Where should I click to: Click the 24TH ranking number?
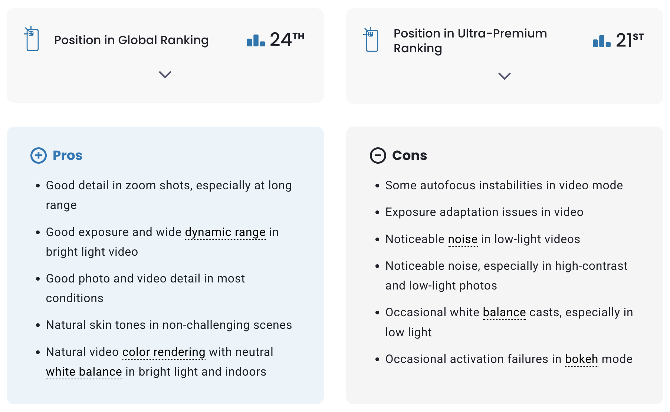click(x=287, y=39)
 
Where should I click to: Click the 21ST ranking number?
click(x=630, y=40)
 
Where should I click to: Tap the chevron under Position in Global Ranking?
click(x=165, y=75)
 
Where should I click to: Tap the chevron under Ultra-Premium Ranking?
click(x=505, y=76)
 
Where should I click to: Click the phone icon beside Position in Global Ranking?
click(x=32, y=39)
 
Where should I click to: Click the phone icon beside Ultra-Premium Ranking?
click(x=371, y=39)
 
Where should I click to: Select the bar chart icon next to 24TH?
click(x=256, y=40)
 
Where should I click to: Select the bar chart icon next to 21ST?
click(x=602, y=41)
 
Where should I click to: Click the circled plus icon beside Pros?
click(x=39, y=156)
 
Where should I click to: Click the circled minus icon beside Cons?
click(x=378, y=156)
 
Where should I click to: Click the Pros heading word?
click(x=68, y=156)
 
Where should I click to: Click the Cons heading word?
click(x=410, y=156)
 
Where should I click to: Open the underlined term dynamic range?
click(x=226, y=232)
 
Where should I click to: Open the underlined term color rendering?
click(x=164, y=352)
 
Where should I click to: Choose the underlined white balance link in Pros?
click(x=84, y=372)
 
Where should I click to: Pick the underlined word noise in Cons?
click(x=463, y=239)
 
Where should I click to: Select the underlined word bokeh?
click(x=582, y=359)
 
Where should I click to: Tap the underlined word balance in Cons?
click(x=505, y=313)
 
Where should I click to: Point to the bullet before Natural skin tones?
click(x=38, y=326)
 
